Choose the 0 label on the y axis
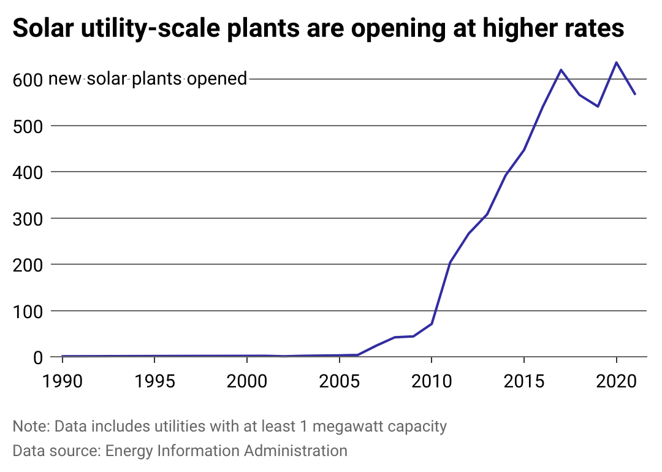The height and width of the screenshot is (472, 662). point(37,357)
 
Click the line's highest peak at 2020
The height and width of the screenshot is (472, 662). point(616,63)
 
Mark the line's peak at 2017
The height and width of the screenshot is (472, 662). point(561,70)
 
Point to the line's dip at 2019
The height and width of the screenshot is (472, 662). point(598,106)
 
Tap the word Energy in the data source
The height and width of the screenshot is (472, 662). point(129,451)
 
